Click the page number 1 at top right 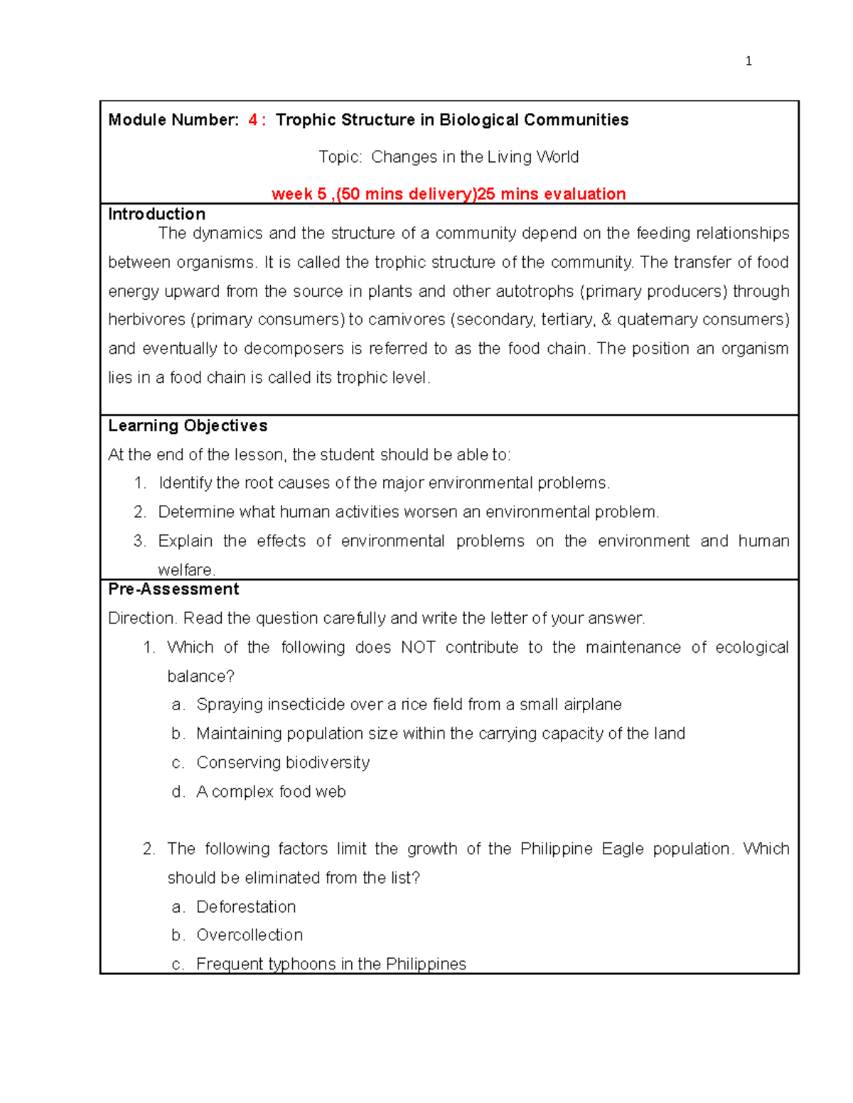click(x=749, y=61)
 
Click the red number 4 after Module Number click(x=253, y=120)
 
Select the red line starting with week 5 click(x=449, y=194)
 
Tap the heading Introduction click(x=156, y=214)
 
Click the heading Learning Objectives click(x=188, y=425)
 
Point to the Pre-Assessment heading click(x=173, y=589)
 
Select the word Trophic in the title click(x=306, y=120)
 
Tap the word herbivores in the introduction click(x=146, y=320)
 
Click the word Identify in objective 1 click(x=185, y=483)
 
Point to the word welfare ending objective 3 click(x=186, y=570)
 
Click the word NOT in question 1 click(x=418, y=647)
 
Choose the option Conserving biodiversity click(x=283, y=762)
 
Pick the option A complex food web click(x=271, y=791)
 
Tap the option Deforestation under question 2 click(x=246, y=907)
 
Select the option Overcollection click(x=250, y=935)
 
